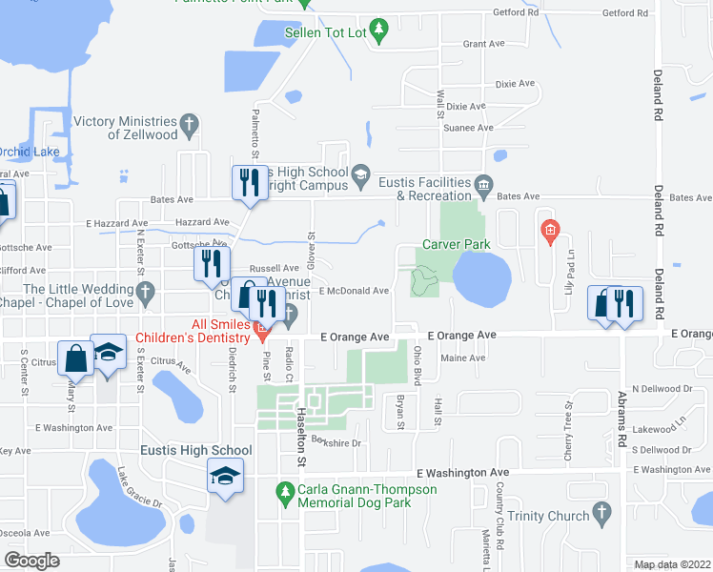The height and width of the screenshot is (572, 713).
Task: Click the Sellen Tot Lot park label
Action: pos(325,32)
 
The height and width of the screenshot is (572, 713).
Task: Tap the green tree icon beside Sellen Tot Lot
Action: pos(379,31)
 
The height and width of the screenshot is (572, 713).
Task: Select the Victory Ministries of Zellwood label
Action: pos(126,128)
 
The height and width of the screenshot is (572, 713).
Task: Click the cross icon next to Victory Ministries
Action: pos(190,122)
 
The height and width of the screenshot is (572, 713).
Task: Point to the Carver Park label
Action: pos(456,244)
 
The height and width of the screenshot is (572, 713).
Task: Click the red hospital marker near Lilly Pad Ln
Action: pos(549,230)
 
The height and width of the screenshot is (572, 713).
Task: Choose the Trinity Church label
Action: pos(547,515)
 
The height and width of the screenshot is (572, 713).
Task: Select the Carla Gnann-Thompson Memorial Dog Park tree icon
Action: pos(283,490)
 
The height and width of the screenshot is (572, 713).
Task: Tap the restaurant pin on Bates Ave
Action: pos(250,182)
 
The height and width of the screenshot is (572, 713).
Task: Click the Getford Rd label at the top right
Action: pos(624,13)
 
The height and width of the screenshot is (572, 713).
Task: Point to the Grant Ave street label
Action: pos(482,44)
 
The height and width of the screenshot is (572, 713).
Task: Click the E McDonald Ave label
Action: pos(355,291)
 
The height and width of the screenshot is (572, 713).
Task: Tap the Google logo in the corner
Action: pos(32,561)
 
